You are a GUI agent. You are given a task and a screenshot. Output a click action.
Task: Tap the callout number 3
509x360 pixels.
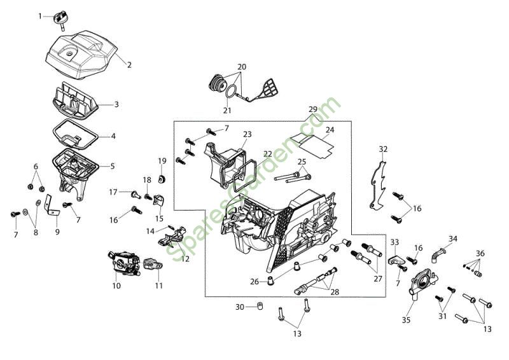pos(116,104)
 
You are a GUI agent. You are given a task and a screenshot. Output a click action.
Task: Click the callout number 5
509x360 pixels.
pos(113,167)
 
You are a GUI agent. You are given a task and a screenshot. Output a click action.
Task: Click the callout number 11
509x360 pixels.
pos(158,286)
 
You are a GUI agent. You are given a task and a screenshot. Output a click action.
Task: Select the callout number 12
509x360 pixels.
pos(185,259)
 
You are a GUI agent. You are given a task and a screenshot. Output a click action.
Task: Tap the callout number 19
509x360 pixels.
pos(162,161)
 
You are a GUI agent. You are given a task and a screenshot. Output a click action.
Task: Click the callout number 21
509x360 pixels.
pos(227,110)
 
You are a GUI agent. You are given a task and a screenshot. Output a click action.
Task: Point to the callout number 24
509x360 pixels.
pos(330,130)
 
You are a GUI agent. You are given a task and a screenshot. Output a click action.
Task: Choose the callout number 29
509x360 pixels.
pos(312,109)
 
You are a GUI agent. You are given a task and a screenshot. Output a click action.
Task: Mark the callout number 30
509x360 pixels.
pos(240,307)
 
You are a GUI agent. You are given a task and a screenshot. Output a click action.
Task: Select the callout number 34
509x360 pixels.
pos(452,239)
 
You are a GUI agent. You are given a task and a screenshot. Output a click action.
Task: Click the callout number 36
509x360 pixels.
pos(480,253)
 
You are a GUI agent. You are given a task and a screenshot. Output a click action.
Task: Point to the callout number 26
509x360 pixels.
pos(254,281)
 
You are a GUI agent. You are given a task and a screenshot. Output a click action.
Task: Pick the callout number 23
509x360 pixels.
pos(247,134)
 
